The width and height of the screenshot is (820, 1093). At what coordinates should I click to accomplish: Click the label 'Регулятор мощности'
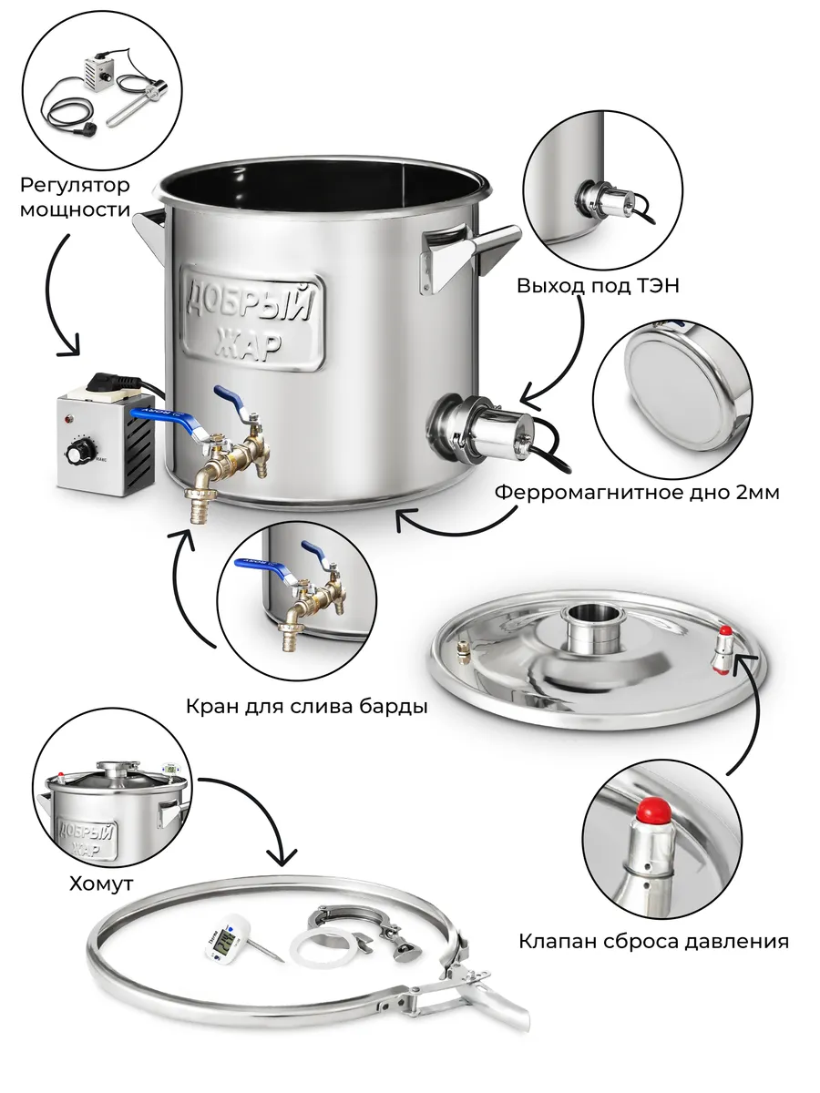coord(75,198)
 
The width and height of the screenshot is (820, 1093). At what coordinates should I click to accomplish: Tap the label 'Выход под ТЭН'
coord(598,286)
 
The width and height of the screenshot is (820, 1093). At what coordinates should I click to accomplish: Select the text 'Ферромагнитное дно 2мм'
coord(637,493)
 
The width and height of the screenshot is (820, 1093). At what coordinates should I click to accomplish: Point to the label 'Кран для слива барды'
coord(306,706)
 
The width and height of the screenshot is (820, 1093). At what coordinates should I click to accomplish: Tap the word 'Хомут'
coord(102,883)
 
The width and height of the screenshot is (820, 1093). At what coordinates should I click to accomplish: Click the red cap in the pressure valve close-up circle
coord(651,809)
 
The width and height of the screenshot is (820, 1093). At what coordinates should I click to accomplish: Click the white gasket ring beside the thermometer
coord(329,948)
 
